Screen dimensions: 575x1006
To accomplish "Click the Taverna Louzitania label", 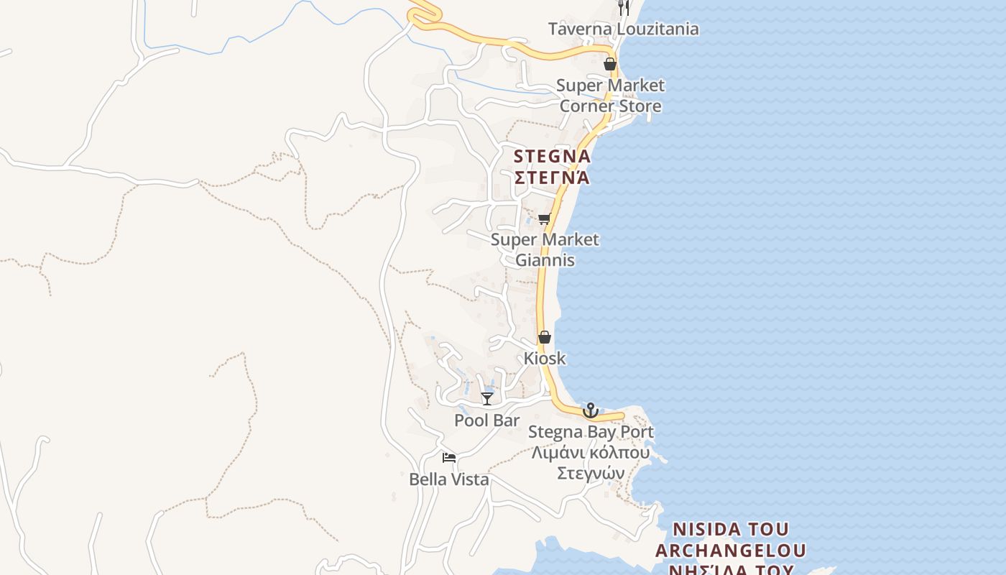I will tap(623, 29).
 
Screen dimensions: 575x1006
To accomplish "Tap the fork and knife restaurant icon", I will tap(624, 8).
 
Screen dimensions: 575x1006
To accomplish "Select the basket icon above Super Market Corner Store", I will tap(610, 64).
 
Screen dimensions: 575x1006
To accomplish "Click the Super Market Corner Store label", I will tap(610, 96).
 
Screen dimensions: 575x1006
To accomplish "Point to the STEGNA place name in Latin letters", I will tap(552, 156).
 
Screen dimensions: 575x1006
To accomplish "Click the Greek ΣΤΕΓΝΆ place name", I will tap(552, 177).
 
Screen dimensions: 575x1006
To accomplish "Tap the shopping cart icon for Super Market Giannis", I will tap(544, 218).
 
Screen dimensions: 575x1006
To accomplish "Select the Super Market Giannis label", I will tap(545, 249).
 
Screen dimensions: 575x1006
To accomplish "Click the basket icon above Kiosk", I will tap(545, 337).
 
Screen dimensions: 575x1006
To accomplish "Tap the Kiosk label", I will tap(545, 358).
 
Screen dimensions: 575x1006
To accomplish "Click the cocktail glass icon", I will tap(487, 398).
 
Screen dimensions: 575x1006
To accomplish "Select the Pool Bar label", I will tap(486, 420).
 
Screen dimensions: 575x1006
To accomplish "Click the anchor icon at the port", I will tap(591, 410).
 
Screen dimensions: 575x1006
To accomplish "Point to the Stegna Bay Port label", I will tap(591, 432).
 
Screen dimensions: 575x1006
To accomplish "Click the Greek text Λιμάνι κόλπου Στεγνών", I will tap(591, 463).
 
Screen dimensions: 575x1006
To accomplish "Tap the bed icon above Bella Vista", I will tap(449, 457).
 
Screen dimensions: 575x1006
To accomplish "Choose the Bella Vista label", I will tap(449, 479).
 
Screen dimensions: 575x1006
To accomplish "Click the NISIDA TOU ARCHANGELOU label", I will tap(730, 540).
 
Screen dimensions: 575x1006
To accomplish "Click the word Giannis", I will tap(545, 259).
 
